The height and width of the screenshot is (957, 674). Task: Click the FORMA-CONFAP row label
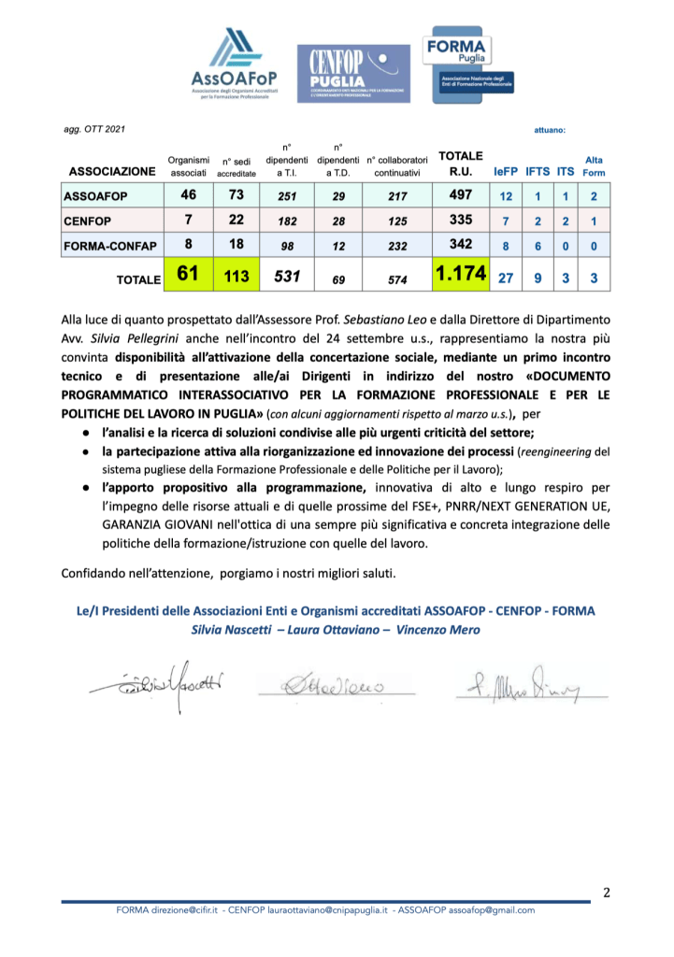click(108, 247)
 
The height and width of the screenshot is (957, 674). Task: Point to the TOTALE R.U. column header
click(461, 164)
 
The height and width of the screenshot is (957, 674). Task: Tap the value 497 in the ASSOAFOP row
click(461, 196)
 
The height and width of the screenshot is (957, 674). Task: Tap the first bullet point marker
click(85, 432)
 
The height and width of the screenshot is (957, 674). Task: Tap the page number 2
click(606, 893)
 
